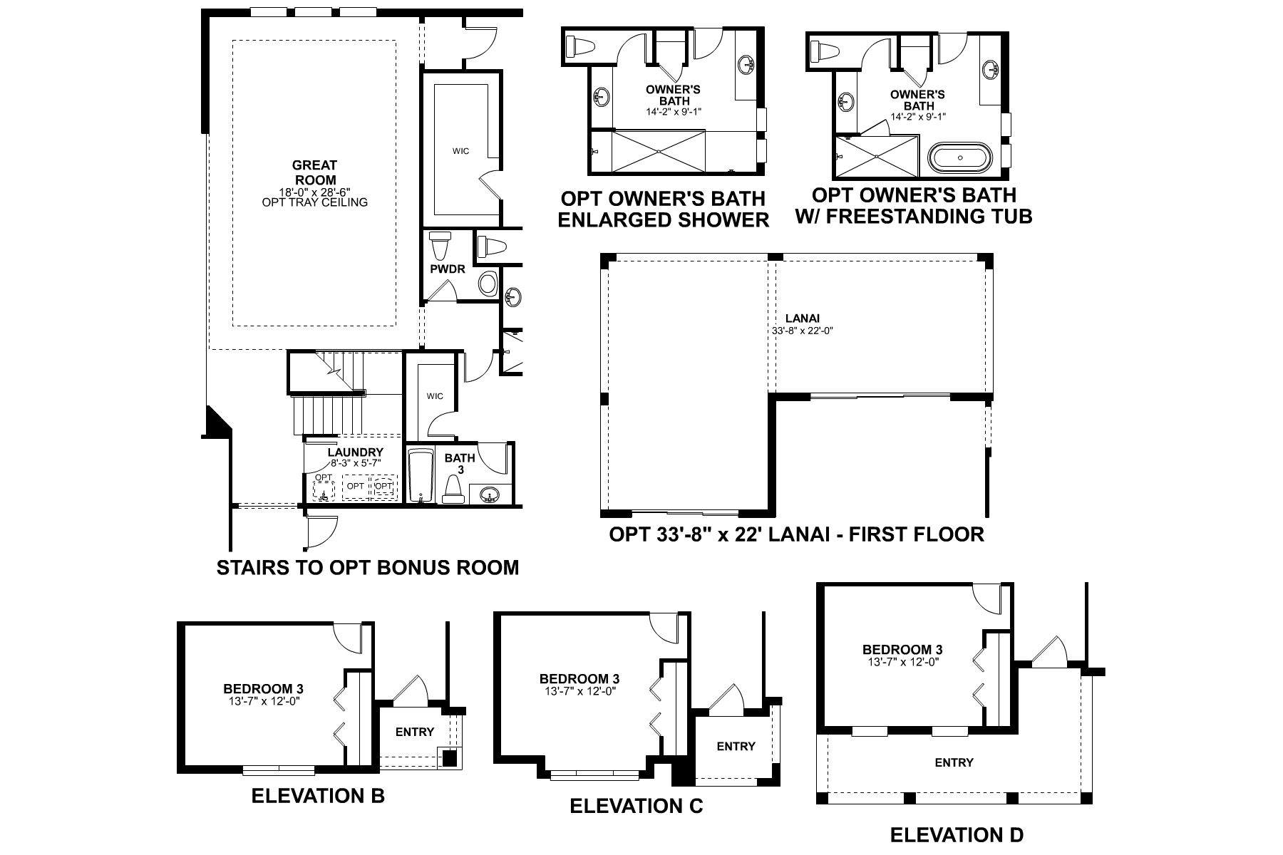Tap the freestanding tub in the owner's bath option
[960, 157]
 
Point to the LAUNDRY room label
[355, 452]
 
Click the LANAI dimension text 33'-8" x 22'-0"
[802, 331]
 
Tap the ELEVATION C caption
[636, 806]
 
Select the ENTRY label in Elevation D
[954, 762]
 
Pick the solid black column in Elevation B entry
[449, 758]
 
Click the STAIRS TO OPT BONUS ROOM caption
[367, 568]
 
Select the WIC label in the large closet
[460, 151]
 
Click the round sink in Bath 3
[490, 494]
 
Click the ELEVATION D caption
[957, 834]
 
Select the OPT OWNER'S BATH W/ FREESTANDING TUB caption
[914, 205]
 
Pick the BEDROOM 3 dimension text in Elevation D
[902, 661]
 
